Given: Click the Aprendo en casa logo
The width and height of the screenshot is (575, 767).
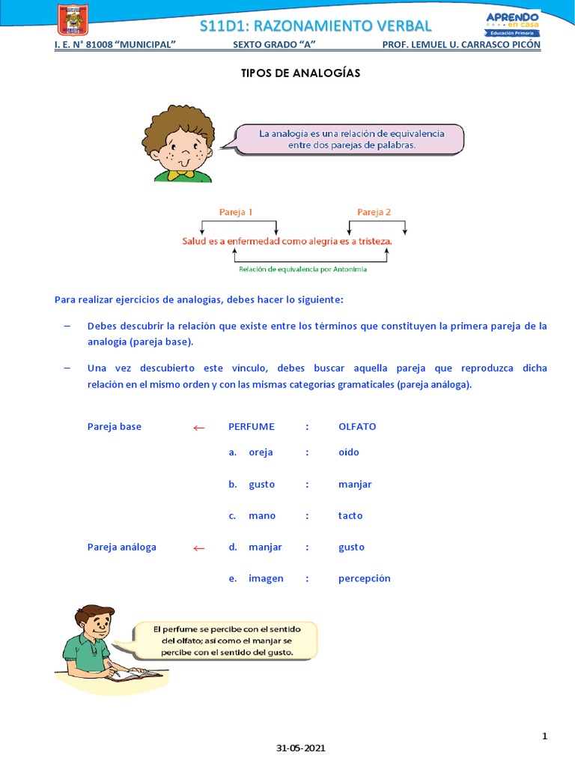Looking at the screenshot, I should point(512,22).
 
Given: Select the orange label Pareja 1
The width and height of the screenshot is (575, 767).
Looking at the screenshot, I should point(236,212).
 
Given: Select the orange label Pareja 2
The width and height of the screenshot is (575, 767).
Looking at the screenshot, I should point(374,212).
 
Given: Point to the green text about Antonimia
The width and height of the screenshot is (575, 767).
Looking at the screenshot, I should point(302,269).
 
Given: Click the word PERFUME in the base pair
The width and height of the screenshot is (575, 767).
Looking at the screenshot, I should point(252,427).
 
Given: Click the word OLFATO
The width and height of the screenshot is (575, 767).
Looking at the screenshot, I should point(357,427).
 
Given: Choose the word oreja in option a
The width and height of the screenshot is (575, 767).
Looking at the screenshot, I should point(261,452).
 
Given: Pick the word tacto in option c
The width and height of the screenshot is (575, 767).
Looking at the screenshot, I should point(350,516).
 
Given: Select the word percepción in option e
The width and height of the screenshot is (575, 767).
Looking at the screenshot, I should point(365,578).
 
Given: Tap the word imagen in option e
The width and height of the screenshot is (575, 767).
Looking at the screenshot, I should point(266,578).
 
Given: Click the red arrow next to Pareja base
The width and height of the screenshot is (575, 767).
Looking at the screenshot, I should point(198,428).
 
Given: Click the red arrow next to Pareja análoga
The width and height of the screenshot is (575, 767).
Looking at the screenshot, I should point(198,548).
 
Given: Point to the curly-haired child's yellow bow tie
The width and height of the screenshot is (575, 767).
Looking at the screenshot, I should point(177,175).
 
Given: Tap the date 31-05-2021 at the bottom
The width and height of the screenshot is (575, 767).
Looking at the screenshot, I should point(301,748).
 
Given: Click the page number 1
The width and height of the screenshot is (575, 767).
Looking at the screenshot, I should point(545,736).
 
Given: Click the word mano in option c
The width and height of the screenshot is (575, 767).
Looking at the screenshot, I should point(262,516).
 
